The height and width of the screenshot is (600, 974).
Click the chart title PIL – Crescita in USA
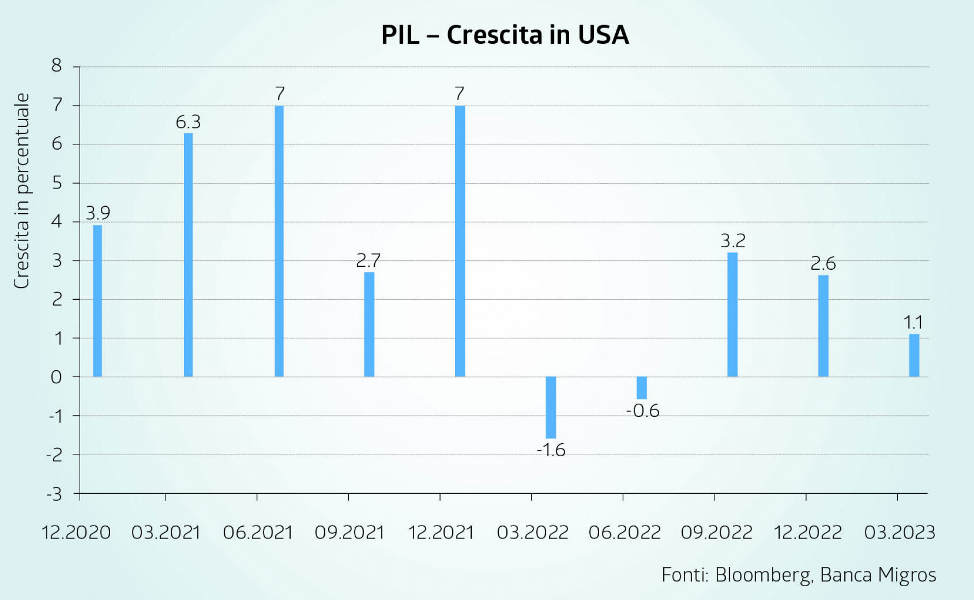click(505, 35)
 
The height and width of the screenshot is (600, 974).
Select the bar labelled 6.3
click(188, 254)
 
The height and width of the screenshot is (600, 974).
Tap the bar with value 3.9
click(97, 301)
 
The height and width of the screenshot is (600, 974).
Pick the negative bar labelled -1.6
click(551, 407)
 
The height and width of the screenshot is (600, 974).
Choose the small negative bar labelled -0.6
click(641, 388)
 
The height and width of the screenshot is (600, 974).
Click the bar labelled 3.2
click(732, 315)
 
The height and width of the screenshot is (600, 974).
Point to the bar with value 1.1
click(914, 355)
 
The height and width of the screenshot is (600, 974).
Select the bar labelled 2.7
click(369, 324)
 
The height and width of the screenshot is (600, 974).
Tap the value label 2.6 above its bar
click(823, 264)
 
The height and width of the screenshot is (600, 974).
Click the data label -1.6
click(551, 450)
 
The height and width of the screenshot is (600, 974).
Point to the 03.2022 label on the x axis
click(532, 533)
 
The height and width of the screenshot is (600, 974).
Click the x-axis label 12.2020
click(76, 533)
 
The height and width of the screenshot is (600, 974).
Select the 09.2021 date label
click(349, 533)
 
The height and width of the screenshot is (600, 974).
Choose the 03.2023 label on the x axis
click(900, 533)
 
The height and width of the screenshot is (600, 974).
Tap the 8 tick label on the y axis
click(57, 65)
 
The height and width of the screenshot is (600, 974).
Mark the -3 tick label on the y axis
click(54, 494)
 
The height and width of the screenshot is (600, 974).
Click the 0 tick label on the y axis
click(57, 377)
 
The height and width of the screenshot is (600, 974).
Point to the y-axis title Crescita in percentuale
click(22, 191)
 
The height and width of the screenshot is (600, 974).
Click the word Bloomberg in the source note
click(763, 575)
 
